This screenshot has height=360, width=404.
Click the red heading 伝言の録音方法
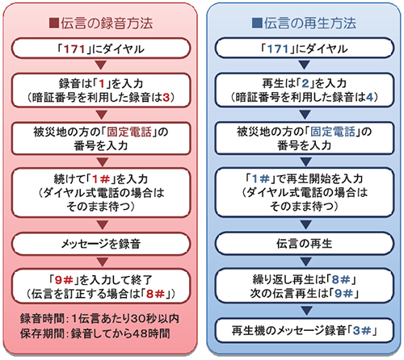(107, 23)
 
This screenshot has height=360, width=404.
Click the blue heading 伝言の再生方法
(310, 23)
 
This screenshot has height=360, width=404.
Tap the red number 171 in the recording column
(74, 49)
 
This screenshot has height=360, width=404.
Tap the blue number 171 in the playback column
(278, 49)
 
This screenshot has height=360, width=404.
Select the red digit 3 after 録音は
(166, 97)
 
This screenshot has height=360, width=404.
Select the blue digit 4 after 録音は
(370, 97)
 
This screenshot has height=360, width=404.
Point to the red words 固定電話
(129, 132)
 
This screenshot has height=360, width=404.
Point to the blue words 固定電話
(333, 132)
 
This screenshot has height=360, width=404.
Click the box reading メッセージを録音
(101, 244)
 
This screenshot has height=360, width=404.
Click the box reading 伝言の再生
(305, 244)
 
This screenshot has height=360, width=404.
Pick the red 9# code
(64, 280)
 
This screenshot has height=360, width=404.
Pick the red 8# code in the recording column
(155, 294)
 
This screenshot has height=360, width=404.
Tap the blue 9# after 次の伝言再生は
(343, 293)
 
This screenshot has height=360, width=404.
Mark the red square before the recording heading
(54, 23)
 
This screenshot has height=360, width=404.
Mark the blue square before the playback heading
(257, 23)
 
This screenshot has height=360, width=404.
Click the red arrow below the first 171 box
(101, 65)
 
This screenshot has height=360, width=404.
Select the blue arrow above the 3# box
(305, 310)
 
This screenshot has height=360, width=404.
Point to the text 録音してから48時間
(120, 333)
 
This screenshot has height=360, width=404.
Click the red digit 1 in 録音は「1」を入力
(102, 84)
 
